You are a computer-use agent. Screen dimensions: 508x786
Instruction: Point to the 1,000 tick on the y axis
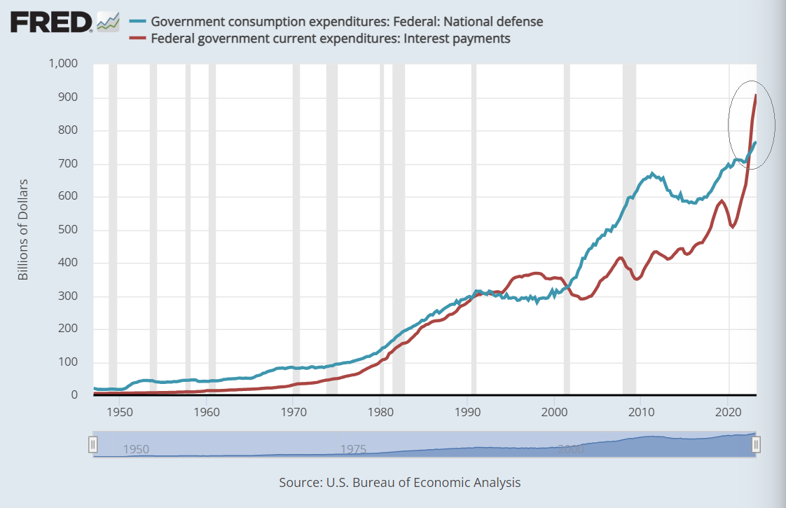pyautogui.click(x=62, y=64)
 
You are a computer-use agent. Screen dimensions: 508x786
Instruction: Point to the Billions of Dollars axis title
pyautogui.click(x=23, y=230)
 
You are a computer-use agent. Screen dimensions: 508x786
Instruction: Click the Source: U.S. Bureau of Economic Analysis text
pyautogui.click(x=399, y=483)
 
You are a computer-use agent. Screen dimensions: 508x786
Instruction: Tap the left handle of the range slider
pyautogui.click(x=92, y=444)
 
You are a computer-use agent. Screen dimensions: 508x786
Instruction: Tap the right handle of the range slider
pyautogui.click(x=756, y=444)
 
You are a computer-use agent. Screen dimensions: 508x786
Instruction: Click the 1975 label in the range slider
pyautogui.click(x=354, y=449)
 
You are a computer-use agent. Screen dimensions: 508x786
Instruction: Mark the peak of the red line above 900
pyautogui.click(x=755, y=95)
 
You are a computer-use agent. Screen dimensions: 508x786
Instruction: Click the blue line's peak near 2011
pyautogui.click(x=652, y=173)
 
